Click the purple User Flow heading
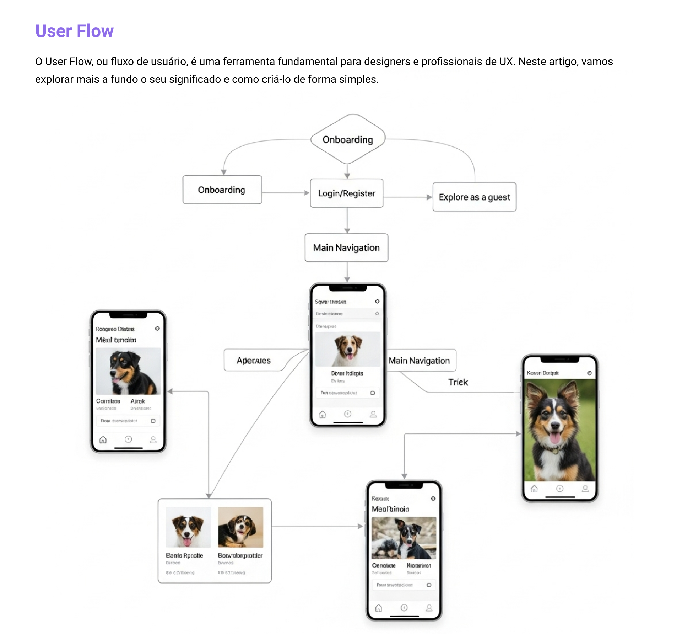[74, 31]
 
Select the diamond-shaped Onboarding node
[347, 139]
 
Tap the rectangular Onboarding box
[222, 190]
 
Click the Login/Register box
[347, 193]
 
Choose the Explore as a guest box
[474, 197]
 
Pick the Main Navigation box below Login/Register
[346, 247]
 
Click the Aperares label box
[254, 360]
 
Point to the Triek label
[458, 382]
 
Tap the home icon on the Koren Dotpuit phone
[534, 489]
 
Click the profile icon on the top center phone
[373, 414]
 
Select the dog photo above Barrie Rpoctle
[188, 527]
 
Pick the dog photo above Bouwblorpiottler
[240, 527]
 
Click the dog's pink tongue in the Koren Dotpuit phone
[555, 438]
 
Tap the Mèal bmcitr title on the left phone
[116, 340]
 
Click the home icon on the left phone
[103, 440]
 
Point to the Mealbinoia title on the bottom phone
[390, 509]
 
